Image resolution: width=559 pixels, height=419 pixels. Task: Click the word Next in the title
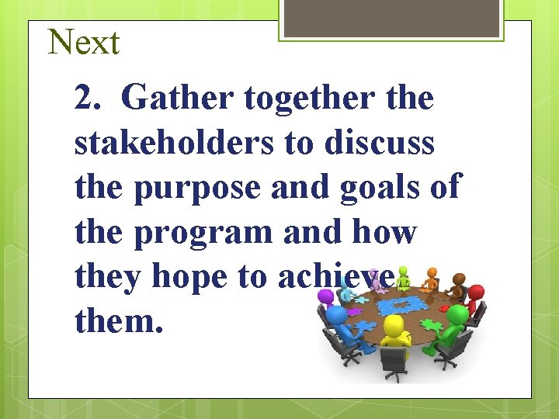click(x=84, y=42)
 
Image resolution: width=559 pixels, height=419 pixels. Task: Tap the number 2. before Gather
click(x=90, y=99)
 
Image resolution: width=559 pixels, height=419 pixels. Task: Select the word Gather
click(x=177, y=99)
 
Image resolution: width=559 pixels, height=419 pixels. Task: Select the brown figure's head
click(x=460, y=278)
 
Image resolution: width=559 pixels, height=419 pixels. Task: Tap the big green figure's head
click(x=457, y=314)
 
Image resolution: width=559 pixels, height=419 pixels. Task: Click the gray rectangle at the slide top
click(x=391, y=17)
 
